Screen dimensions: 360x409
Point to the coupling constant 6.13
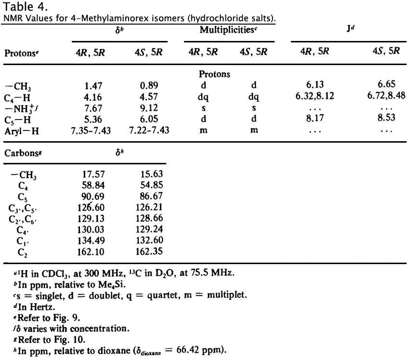[x=327, y=86]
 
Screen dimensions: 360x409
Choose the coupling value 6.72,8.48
[x=386, y=96]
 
